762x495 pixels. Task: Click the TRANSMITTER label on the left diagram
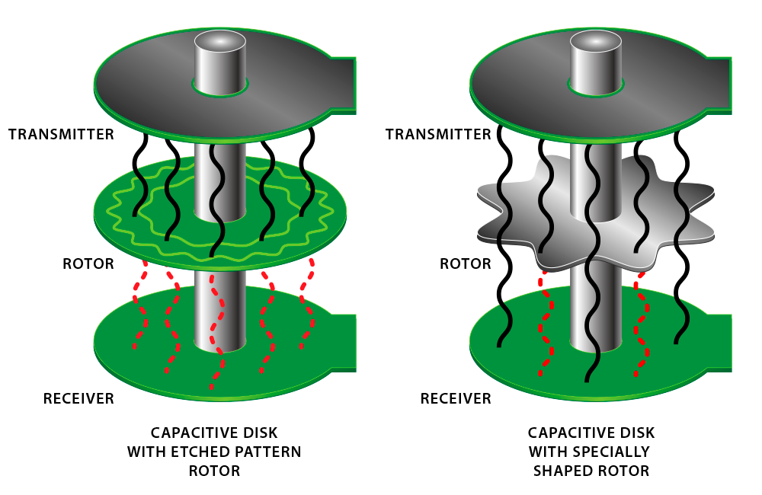pyautogui.click(x=61, y=135)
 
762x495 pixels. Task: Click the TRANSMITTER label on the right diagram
pyautogui.click(x=438, y=135)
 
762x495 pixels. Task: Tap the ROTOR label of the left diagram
pyautogui.click(x=88, y=264)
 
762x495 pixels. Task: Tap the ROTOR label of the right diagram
pyautogui.click(x=466, y=264)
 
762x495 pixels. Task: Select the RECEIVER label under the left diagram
pyautogui.click(x=78, y=398)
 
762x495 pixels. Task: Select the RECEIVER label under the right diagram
pyautogui.click(x=456, y=398)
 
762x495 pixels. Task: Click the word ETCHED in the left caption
pyautogui.click(x=200, y=452)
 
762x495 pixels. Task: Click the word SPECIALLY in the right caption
pyautogui.click(x=613, y=452)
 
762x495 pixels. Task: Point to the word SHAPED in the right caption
pyautogui.click(x=563, y=471)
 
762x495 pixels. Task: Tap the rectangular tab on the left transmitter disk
pyautogui.click(x=344, y=82)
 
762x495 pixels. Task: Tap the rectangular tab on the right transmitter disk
pyautogui.click(x=719, y=82)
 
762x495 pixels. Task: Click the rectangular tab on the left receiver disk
pyautogui.click(x=344, y=340)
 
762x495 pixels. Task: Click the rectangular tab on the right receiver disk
pyautogui.click(x=720, y=340)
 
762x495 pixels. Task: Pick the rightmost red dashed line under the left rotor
pyautogui.click(x=308, y=305)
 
